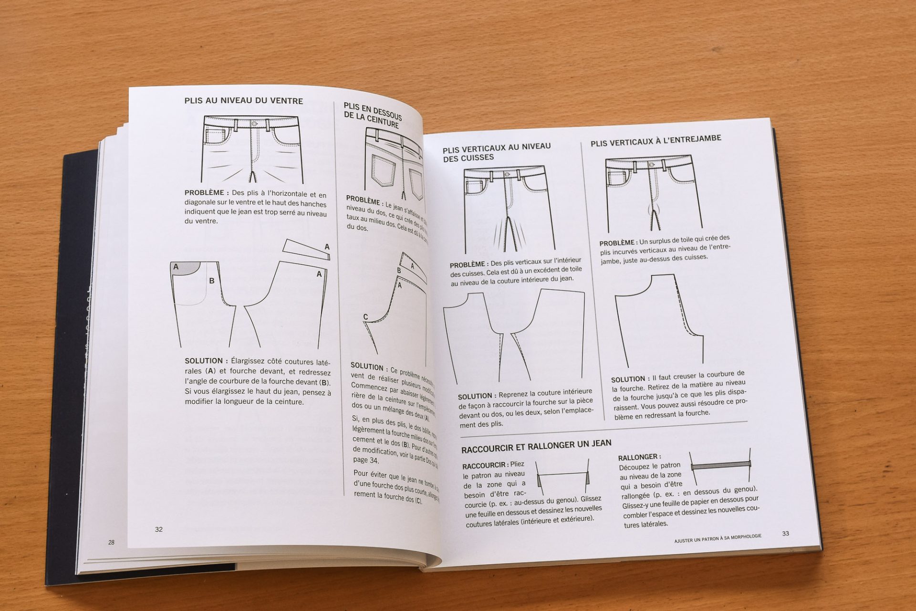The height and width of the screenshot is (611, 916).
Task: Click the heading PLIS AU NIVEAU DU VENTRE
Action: [243, 101]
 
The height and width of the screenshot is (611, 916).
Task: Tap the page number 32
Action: [159, 529]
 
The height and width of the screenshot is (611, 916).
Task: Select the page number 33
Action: [786, 533]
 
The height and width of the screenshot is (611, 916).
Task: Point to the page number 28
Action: [111, 542]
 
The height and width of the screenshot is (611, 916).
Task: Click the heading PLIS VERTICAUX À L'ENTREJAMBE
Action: [656, 140]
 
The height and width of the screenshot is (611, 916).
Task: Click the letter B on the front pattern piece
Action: [212, 281]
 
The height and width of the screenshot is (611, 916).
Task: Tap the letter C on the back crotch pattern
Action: [365, 317]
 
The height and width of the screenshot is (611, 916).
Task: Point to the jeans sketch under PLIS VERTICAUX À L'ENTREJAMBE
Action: [652, 193]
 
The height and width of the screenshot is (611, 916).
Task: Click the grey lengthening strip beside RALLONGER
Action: [720, 464]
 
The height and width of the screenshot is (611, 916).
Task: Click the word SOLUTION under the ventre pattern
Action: [204, 361]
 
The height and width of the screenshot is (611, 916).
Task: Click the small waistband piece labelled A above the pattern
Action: [305, 251]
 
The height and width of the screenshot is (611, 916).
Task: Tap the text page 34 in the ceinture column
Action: [365, 460]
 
